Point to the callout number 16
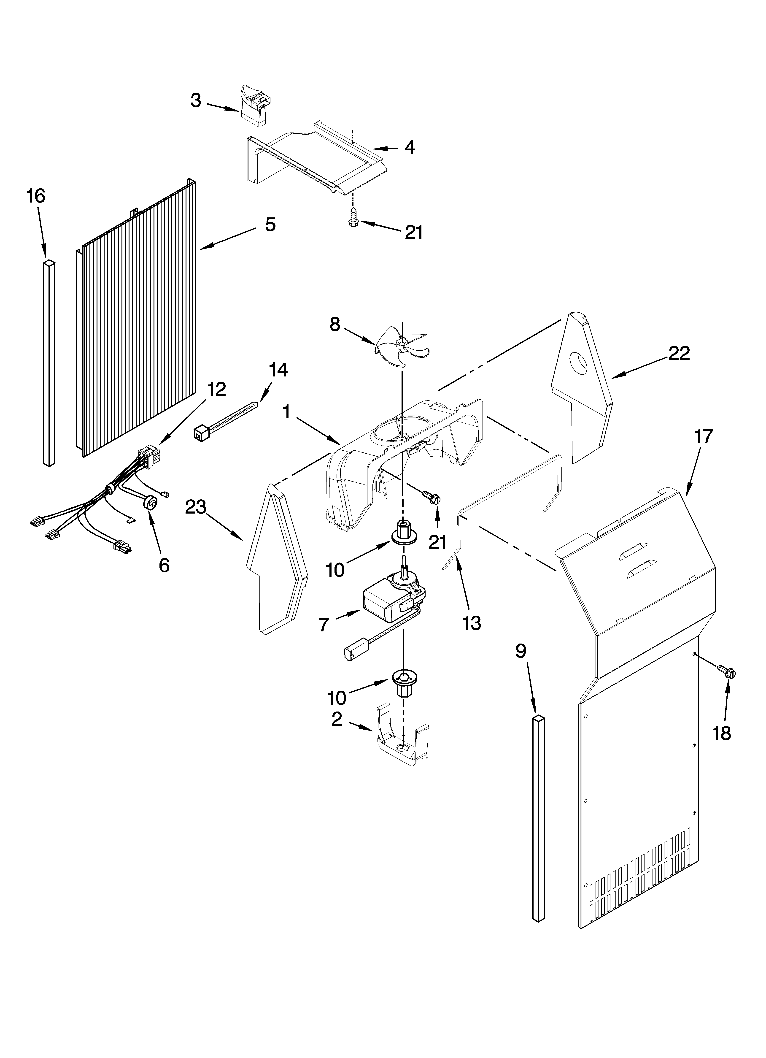[x=36, y=196]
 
